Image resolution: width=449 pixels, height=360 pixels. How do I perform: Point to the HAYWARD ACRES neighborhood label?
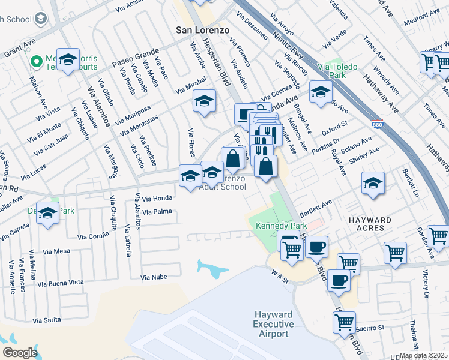(x=370, y=220)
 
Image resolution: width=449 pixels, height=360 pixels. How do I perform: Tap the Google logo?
(x=20, y=352)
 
